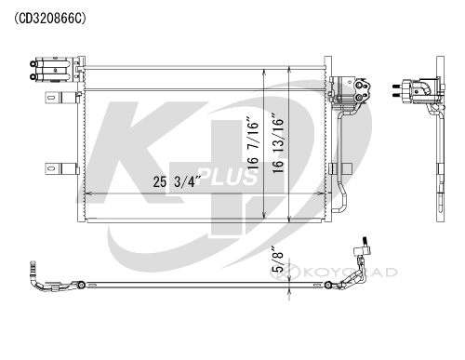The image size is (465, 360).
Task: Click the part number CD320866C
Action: click(x=49, y=19)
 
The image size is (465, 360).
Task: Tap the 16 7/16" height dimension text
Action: click(x=252, y=142)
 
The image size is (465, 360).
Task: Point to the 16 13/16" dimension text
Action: click(x=278, y=144)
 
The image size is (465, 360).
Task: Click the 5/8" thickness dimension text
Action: click(x=277, y=260)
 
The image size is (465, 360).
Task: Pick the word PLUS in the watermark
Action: click(x=227, y=177)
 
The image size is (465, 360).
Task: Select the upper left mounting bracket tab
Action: click(x=61, y=98)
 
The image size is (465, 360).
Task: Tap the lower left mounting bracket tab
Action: click(x=61, y=168)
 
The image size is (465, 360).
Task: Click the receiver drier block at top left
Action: click(x=53, y=70)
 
